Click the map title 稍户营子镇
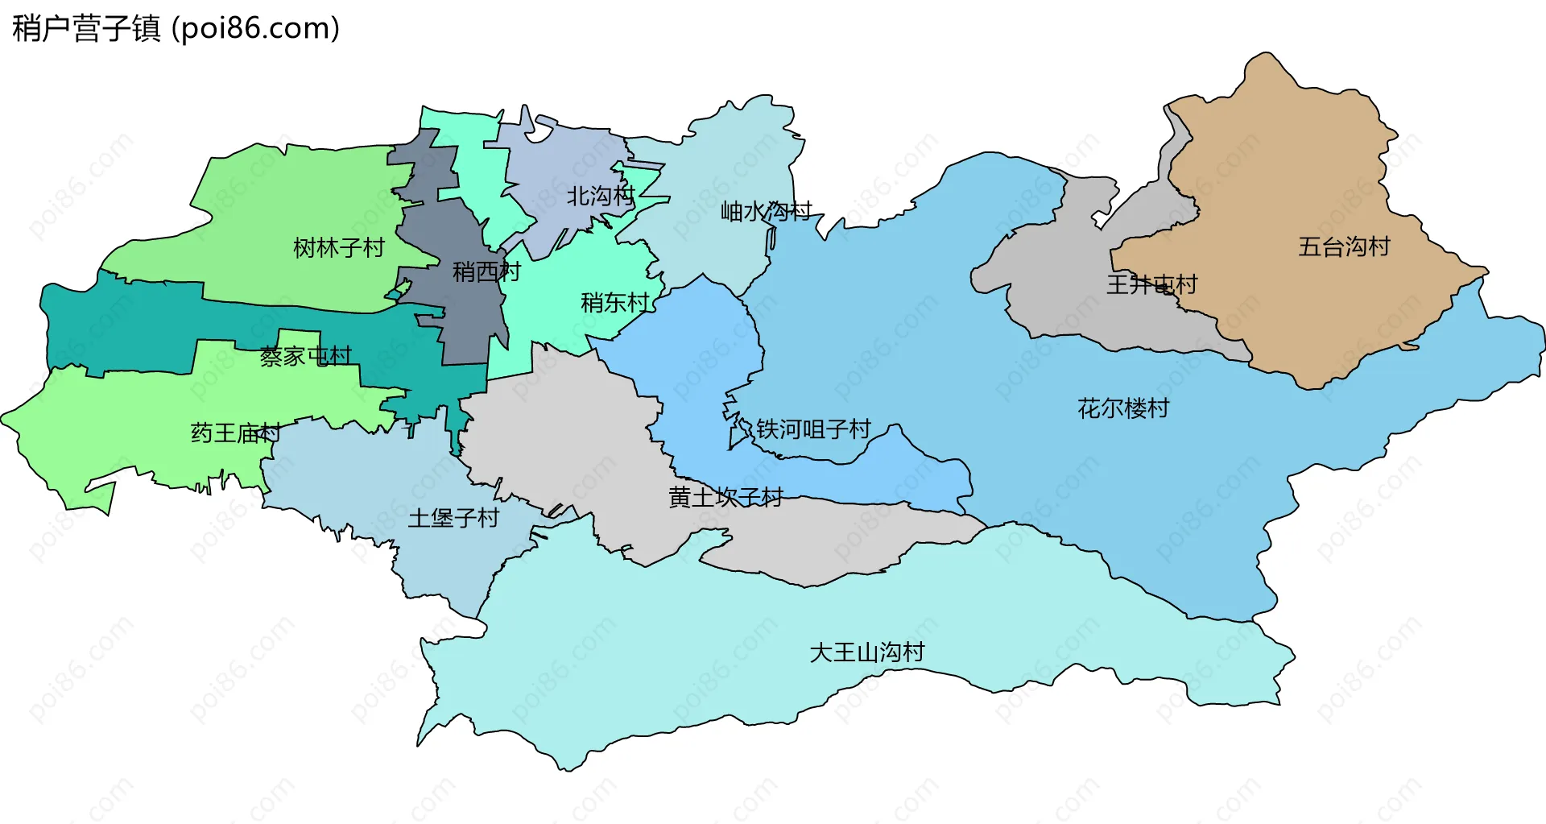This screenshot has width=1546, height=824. point(86,29)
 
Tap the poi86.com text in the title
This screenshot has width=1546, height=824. point(256,29)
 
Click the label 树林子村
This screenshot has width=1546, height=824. point(339,248)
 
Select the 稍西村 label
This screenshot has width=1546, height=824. point(486,271)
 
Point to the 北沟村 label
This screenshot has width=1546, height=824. point(601,196)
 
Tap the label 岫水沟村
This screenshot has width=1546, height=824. point(766,212)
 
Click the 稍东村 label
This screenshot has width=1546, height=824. point(615,303)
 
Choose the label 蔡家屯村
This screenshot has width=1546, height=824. point(305,356)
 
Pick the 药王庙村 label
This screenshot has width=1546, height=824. point(236,433)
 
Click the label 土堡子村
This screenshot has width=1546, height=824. point(453,518)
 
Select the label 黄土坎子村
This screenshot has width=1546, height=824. point(725,498)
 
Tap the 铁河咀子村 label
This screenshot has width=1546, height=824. point(813,429)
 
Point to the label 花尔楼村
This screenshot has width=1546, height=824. point(1123,408)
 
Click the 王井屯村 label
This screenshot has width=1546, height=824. point(1151,284)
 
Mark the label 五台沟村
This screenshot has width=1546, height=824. point(1344,246)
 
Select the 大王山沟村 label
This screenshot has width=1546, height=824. point(867,652)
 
